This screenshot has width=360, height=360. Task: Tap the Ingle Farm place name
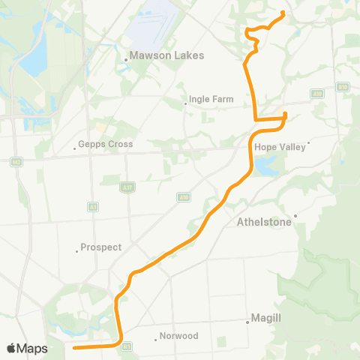click(212, 99)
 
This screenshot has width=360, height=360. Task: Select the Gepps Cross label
click(106, 144)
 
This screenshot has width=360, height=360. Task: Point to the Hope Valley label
click(280, 147)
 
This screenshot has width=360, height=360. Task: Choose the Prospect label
click(102, 247)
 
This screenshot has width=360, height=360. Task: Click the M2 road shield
click(16, 161)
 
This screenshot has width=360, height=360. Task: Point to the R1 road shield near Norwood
click(126, 346)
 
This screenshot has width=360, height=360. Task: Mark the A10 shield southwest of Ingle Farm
click(184, 197)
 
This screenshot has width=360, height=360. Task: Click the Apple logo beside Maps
click(11, 348)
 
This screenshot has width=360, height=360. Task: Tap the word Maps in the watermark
click(32, 349)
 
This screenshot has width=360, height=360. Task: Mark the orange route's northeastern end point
click(283, 13)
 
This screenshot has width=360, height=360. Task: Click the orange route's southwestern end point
click(74, 347)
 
